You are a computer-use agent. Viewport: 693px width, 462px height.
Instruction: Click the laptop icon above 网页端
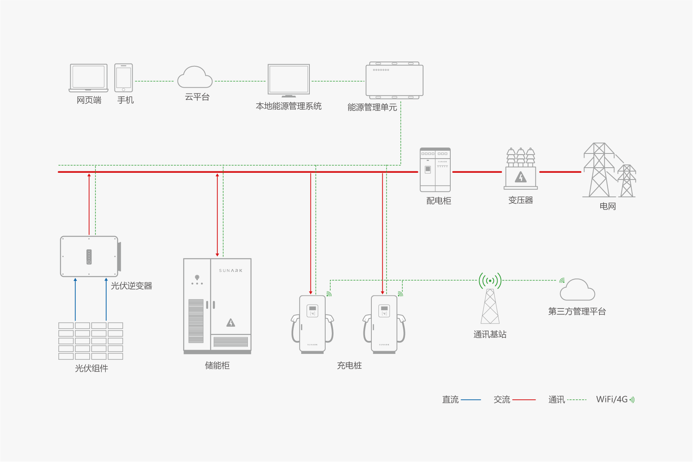pos(88,78)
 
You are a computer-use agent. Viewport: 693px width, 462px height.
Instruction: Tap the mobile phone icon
pos(124,78)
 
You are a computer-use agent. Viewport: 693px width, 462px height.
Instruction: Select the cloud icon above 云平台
pos(195,77)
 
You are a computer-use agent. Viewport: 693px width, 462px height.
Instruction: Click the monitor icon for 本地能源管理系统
pos(288,80)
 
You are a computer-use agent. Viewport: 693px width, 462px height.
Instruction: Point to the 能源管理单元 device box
pos(394,80)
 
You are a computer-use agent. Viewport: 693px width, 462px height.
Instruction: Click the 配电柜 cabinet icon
pos(435,170)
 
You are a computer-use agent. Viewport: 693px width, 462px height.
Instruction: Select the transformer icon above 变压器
pos(521,169)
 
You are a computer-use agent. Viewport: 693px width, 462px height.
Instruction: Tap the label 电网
pos(607,206)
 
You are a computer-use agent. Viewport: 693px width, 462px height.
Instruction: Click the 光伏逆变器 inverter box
pos(90,256)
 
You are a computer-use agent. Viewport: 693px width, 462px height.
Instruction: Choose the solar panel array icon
pos(91,341)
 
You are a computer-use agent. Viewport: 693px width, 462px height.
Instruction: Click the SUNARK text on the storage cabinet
pos(230,271)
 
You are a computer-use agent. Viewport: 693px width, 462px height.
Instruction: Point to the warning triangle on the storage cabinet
pos(231,323)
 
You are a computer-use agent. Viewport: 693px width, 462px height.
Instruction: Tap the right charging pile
pos(384,324)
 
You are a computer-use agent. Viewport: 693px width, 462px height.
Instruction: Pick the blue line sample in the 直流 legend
pos(471,400)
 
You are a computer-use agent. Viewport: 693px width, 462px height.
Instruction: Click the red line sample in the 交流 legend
pos(524,400)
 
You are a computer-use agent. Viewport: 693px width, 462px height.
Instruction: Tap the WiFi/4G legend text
pos(611,399)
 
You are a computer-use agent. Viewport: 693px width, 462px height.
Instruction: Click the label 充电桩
pos(349,366)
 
